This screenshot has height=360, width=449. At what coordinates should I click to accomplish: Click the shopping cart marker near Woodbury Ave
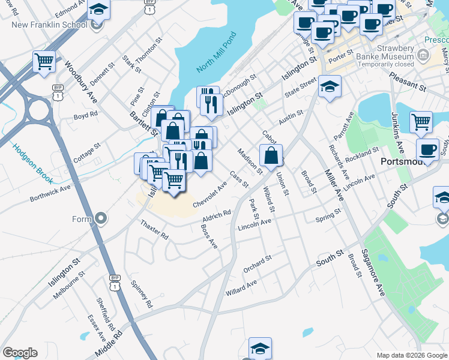click(x=44, y=61)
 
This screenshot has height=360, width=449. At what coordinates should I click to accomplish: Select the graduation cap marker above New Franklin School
click(x=98, y=9)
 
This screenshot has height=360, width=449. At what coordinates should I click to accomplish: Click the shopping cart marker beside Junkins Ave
click(x=421, y=122)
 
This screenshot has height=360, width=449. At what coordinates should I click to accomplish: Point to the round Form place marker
click(x=100, y=218)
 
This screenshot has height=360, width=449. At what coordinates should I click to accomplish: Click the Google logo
click(x=20, y=353)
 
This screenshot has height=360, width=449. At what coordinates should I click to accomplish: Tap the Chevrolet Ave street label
click(x=209, y=196)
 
